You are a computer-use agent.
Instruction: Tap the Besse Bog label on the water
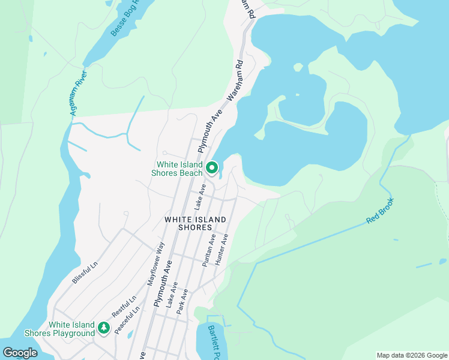pyautogui.click(x=125, y=18)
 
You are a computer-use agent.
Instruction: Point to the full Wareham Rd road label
pyautogui.click(x=236, y=79)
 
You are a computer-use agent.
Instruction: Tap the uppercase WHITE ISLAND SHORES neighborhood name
pyautogui.click(x=196, y=223)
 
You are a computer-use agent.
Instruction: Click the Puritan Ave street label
pyautogui.click(x=209, y=250)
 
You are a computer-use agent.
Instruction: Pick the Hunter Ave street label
pyautogui.click(x=221, y=248)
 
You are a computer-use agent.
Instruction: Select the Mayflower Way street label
pyautogui.click(x=156, y=262)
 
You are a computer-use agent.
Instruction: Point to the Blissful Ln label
pyautogui.click(x=85, y=273)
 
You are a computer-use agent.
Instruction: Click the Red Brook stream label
pyautogui.click(x=380, y=211)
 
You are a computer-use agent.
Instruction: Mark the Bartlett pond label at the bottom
pyautogui.click(x=212, y=343)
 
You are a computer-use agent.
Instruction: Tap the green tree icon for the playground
pyautogui.click(x=104, y=328)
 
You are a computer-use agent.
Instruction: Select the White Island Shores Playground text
pyautogui.click(x=59, y=329)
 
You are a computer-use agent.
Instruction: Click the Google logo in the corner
pyautogui.click(x=20, y=353)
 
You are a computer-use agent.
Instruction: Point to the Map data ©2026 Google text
pyautogui.click(x=411, y=355)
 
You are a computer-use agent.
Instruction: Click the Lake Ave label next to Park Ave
pyautogui.click(x=172, y=297)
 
